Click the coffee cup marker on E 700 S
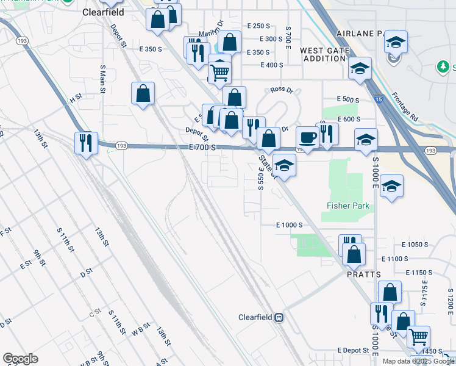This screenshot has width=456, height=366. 307,137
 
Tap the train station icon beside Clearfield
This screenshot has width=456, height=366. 279,317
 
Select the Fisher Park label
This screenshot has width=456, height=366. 348,206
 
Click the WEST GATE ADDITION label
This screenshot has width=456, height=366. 325,54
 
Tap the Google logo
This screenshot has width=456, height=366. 20,359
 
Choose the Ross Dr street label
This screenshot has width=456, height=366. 282,90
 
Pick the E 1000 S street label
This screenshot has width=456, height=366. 289,225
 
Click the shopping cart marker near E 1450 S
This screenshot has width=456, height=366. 418,335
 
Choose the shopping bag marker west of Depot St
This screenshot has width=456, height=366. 143,93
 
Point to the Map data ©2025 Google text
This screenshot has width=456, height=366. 418,361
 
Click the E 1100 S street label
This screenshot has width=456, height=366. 397,259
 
